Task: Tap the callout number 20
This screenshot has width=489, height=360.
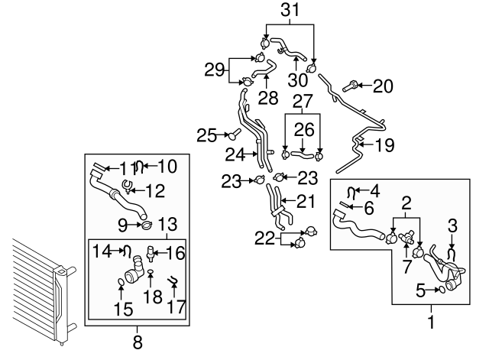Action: [382, 86]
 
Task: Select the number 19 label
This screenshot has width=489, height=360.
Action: [384, 143]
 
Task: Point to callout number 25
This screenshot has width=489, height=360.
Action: [206, 135]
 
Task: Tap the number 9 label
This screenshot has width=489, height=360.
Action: [122, 225]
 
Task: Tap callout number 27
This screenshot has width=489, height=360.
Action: [303, 102]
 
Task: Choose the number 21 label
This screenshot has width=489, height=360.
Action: [306, 202]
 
